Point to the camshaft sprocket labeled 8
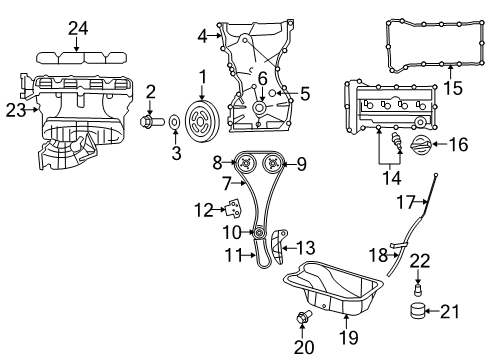tap(241, 162)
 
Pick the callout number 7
tap(226, 182)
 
